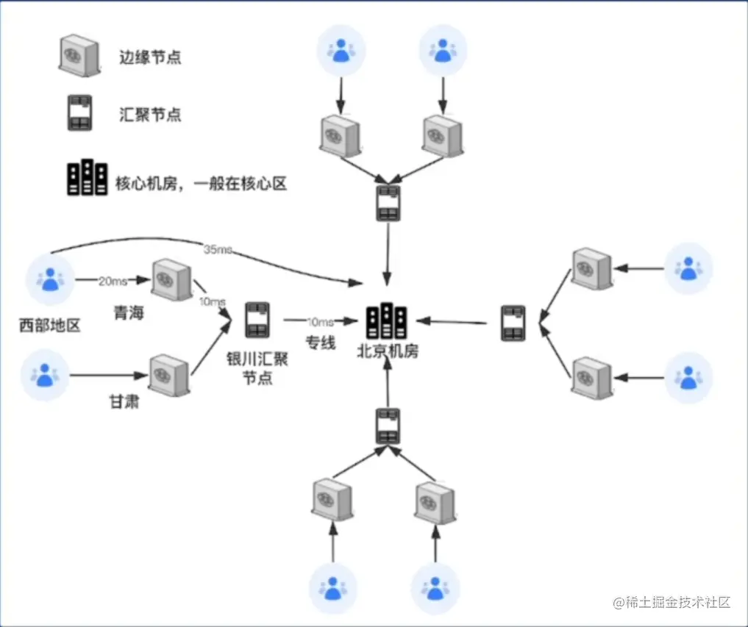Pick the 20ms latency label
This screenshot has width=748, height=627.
click(x=113, y=279)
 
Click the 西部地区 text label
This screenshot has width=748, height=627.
click(x=49, y=325)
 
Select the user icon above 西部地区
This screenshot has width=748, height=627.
click(x=49, y=279)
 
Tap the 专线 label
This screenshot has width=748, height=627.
click(x=321, y=343)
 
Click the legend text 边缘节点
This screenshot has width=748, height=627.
click(x=149, y=57)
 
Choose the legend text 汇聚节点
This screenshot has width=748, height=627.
click(x=149, y=115)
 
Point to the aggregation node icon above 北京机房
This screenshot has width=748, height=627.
click(x=388, y=204)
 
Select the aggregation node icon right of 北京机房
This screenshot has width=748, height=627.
click(x=513, y=323)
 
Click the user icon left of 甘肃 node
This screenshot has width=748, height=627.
click(x=45, y=376)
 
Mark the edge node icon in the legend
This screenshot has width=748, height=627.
click(x=79, y=55)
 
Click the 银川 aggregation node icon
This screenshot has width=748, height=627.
click(x=257, y=320)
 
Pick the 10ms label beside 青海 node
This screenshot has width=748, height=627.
click(x=213, y=302)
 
